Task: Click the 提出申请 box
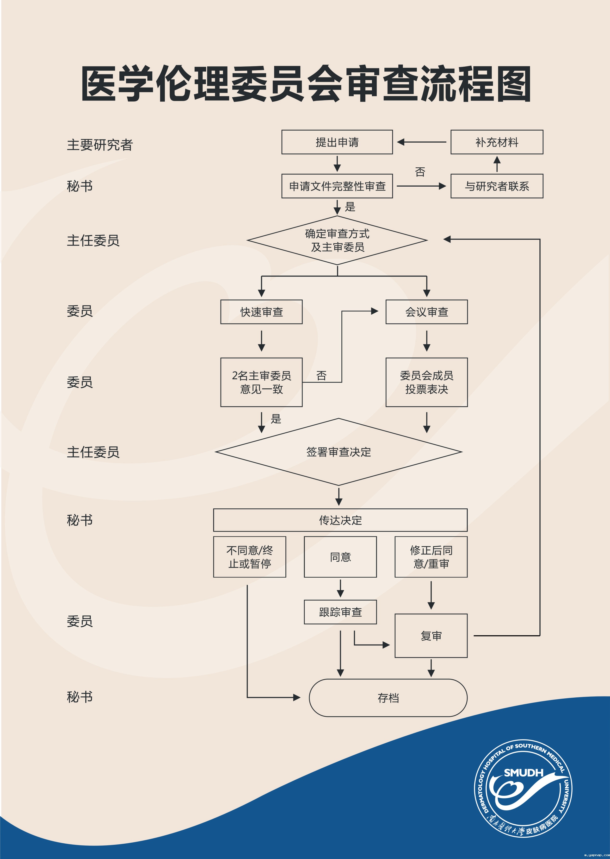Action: [337, 142]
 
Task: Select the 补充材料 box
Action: [497, 142]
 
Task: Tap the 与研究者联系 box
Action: [497, 186]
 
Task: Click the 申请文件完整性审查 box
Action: [337, 186]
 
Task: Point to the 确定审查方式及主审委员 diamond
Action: [337, 240]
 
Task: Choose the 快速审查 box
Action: [261, 312]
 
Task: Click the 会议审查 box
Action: [426, 312]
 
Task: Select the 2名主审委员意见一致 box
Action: [261, 382]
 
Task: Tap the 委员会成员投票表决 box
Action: [426, 382]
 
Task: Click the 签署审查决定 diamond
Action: [339, 452]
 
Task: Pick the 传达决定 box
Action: [340, 520]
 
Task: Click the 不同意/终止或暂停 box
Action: [249, 557]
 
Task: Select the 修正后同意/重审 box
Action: [431, 557]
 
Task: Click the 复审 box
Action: [431, 636]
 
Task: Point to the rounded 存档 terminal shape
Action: [388, 698]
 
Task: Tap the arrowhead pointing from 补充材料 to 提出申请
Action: [401, 142]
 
